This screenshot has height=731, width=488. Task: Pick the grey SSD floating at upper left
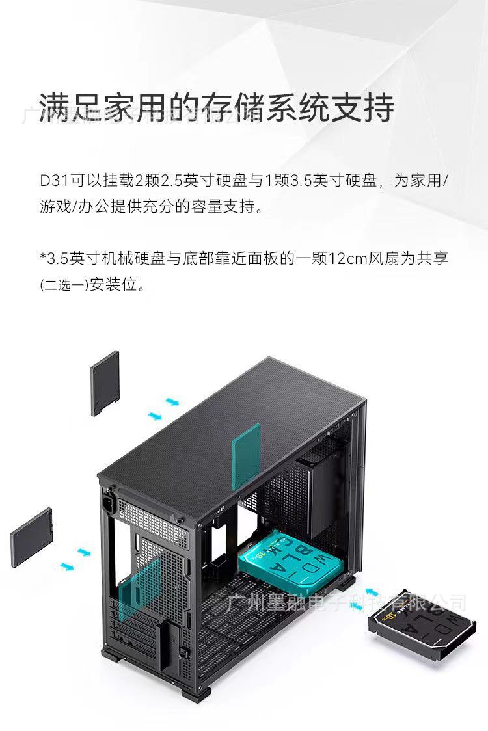(105, 382)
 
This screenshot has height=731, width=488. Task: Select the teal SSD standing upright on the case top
(247, 455)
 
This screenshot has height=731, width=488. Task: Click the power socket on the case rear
(108, 505)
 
